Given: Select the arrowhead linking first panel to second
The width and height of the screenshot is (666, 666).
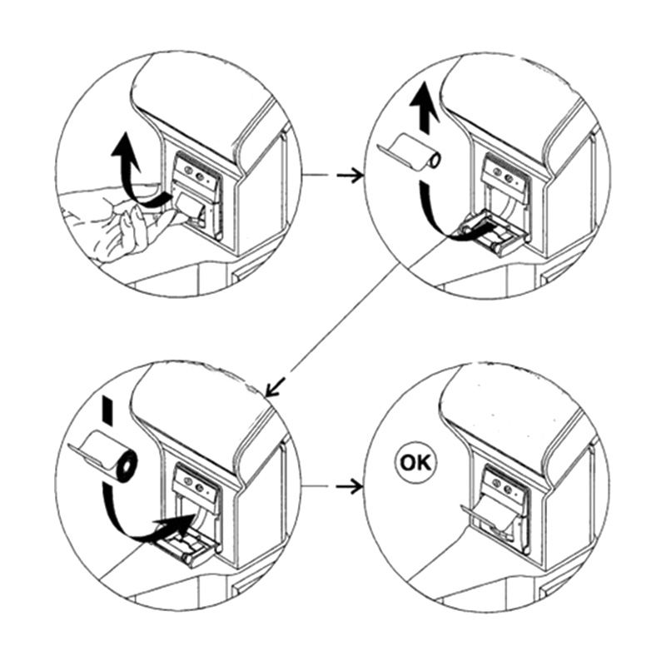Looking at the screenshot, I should pos(357,176).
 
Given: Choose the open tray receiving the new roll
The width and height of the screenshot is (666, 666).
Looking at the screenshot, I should pos(186,549).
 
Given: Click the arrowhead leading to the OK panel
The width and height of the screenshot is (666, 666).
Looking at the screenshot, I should pos(356,486).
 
